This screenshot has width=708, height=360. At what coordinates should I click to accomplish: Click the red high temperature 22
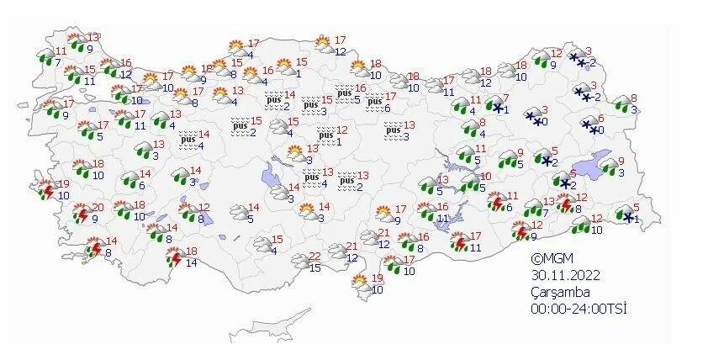pyautogui.click(x=314, y=257)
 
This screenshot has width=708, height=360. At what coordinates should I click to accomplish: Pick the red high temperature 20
pyautogui.click(x=98, y=208)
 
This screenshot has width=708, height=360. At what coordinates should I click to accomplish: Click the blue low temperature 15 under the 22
pyautogui.click(x=314, y=268)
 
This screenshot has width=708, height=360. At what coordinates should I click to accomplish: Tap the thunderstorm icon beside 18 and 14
pyautogui.click(x=173, y=257)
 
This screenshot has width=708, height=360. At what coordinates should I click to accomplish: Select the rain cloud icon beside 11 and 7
pyautogui.click(x=45, y=56)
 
